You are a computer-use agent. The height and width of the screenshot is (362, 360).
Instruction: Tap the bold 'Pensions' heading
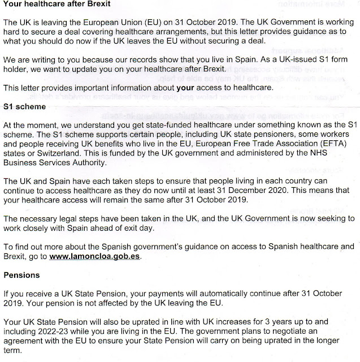(x=21, y=275)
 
